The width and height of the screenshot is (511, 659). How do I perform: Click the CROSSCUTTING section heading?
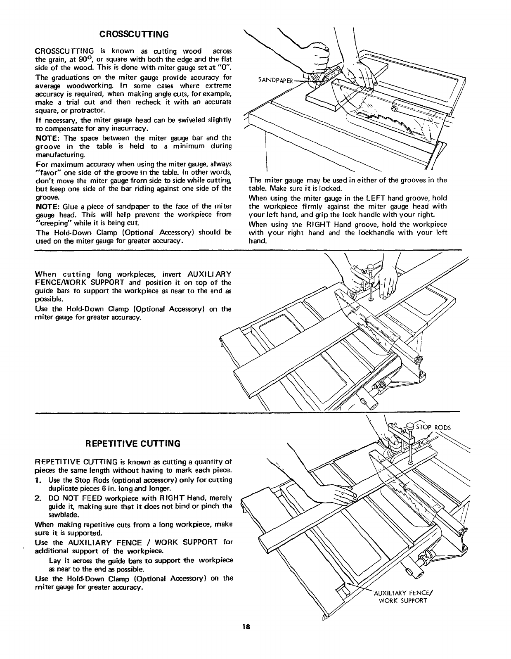pos(132,33)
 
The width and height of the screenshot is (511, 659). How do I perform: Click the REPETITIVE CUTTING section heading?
pos(132,444)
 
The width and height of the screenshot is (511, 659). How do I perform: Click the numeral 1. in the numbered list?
pos(38,480)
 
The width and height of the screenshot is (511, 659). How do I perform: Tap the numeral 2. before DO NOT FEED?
pos(38,498)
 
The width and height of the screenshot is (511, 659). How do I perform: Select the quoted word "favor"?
pos(47,172)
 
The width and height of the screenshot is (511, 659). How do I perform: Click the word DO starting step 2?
pos(54,498)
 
